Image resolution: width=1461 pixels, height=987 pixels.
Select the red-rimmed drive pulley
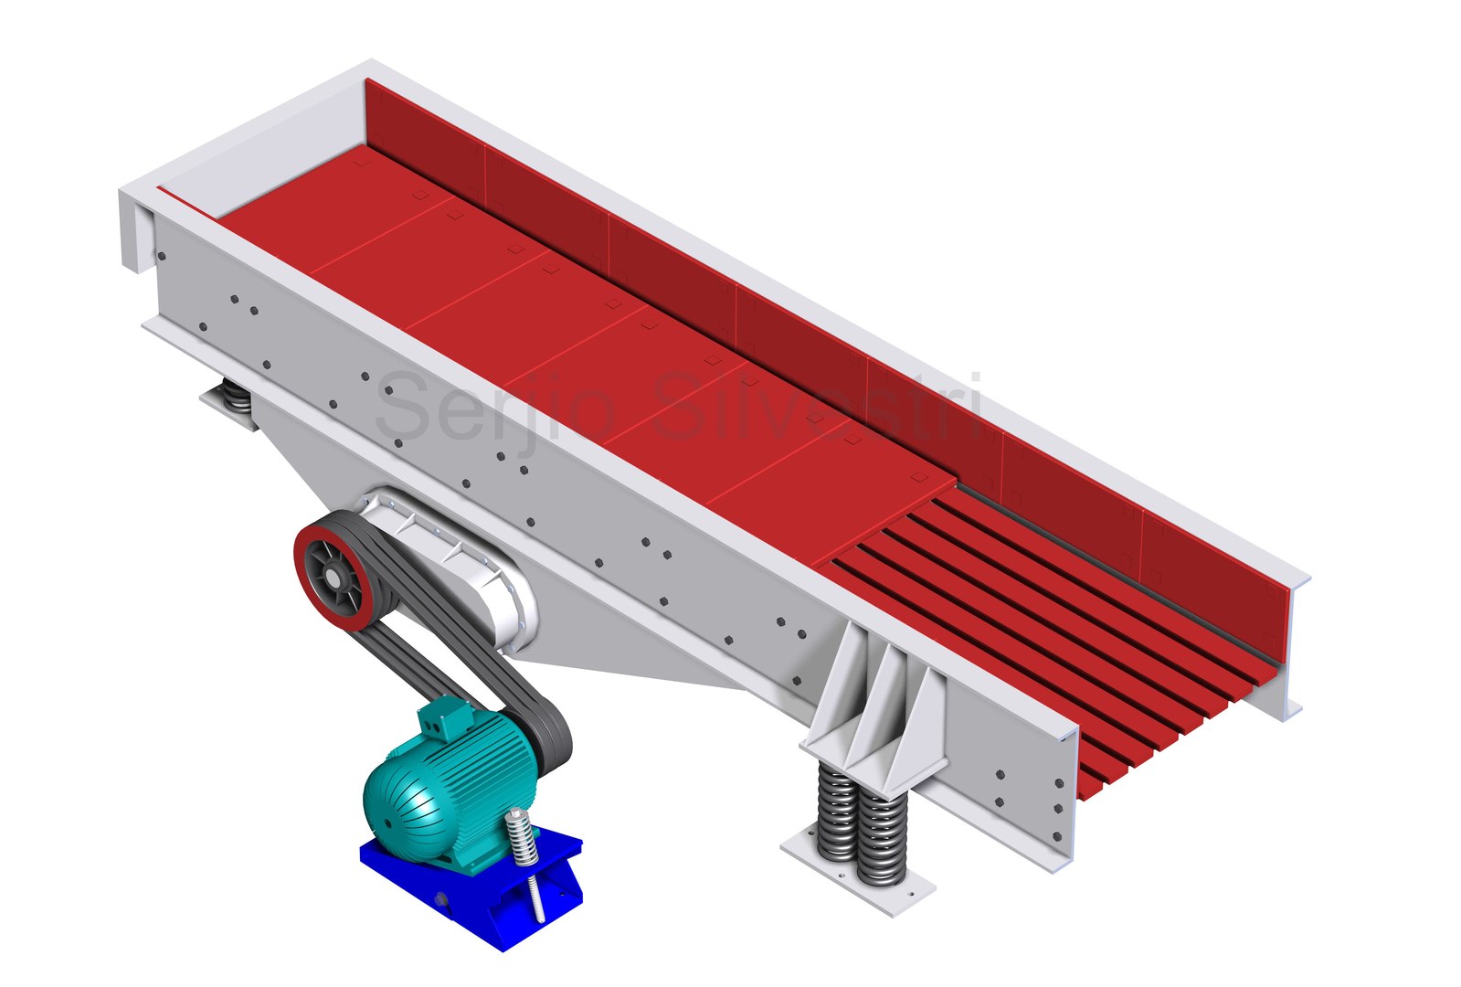click(x=334, y=576)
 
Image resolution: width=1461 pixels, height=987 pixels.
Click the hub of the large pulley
click(x=333, y=578)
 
